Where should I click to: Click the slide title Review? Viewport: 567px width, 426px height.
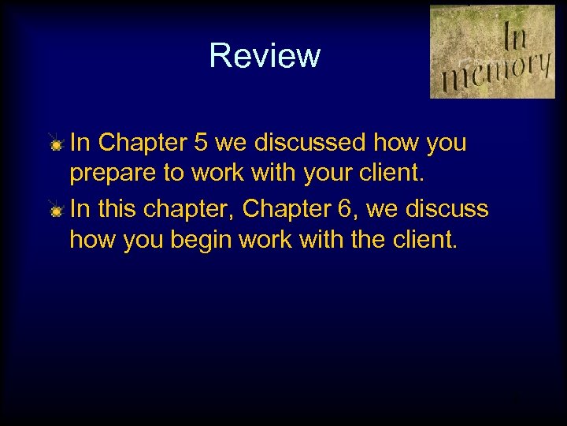click(265, 56)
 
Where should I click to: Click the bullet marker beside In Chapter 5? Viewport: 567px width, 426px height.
click(56, 144)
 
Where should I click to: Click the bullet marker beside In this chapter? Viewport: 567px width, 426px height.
click(56, 211)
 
